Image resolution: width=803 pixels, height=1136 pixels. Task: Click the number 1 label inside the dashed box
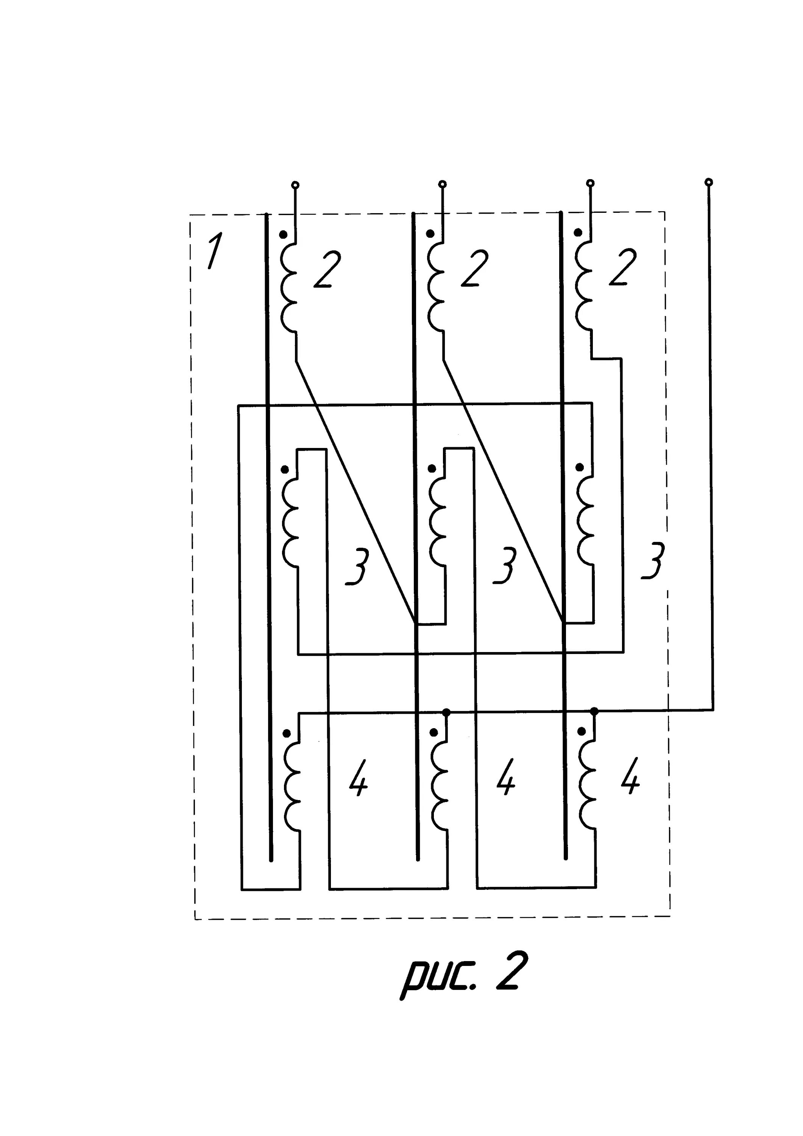pyautogui.click(x=214, y=252)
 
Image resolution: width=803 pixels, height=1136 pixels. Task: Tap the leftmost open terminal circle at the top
pyautogui.click(x=295, y=185)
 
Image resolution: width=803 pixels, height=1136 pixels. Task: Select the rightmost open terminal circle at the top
pyautogui.click(x=708, y=182)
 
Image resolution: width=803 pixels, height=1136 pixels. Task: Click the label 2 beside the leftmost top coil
pyautogui.click(x=327, y=270)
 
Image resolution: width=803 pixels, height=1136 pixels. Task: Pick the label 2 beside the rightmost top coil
pyautogui.click(x=622, y=268)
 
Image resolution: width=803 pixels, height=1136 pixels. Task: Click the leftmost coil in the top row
pyautogui.click(x=288, y=287)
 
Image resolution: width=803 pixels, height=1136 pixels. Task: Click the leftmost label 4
pyautogui.click(x=358, y=782)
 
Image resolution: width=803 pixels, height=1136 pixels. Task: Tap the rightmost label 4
pyautogui.click(x=630, y=780)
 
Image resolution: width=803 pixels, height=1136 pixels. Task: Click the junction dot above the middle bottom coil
pyautogui.click(x=446, y=713)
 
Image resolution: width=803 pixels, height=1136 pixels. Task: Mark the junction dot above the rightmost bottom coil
pyautogui.click(x=594, y=712)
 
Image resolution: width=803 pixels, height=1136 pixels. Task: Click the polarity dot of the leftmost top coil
pyautogui.click(x=283, y=234)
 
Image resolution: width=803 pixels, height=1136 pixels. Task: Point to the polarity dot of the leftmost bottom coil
pyautogui.click(x=286, y=733)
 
